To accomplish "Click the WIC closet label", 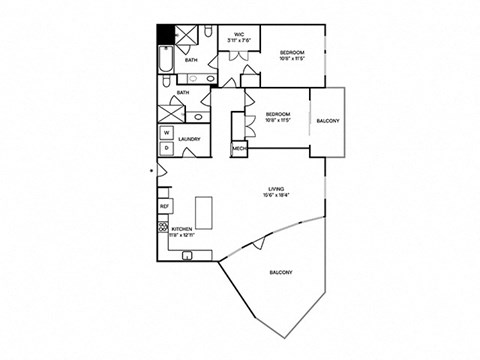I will coord(239,35).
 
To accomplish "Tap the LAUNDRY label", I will coord(189,139).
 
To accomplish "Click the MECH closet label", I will coord(239,149).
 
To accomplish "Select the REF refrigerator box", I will coord(165,206).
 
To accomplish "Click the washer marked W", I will coord(166,132).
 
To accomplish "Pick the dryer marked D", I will coord(166,148).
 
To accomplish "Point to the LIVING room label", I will coord(275,187).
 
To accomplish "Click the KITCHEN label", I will coord(181,229).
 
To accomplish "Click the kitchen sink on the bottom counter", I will coord(186,256).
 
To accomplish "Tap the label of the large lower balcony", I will coord(280,272).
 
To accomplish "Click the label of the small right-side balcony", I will coord(327,121).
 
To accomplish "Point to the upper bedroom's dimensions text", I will coord(290,58).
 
